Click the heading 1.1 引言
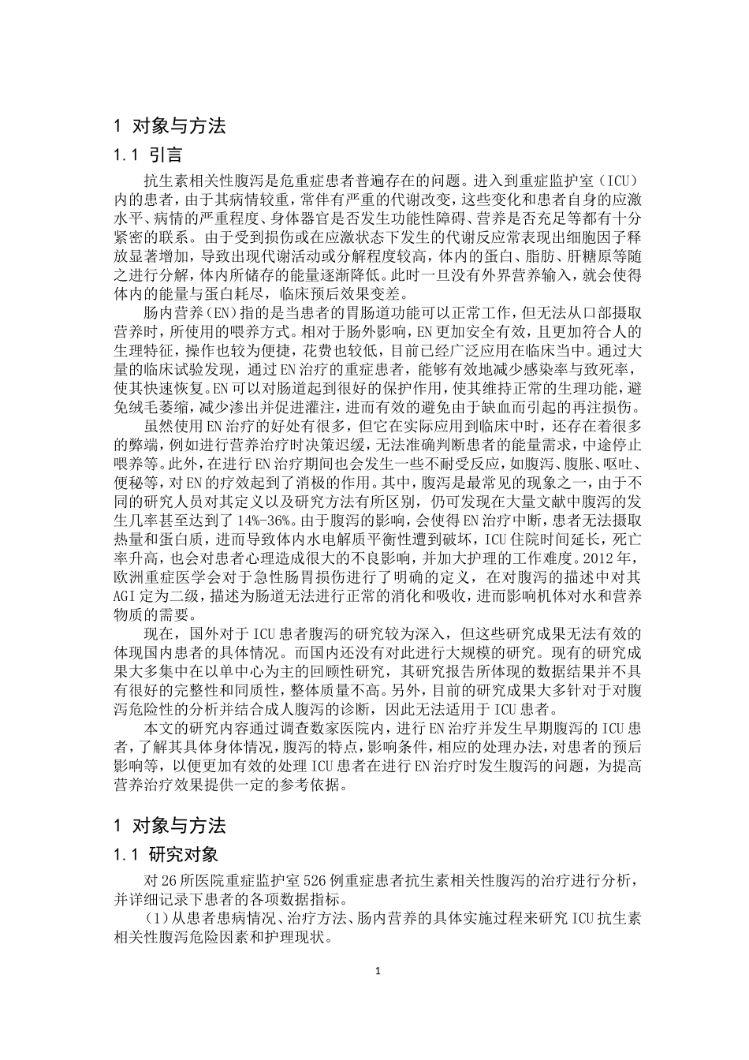click(x=149, y=156)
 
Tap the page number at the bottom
click(x=378, y=971)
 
